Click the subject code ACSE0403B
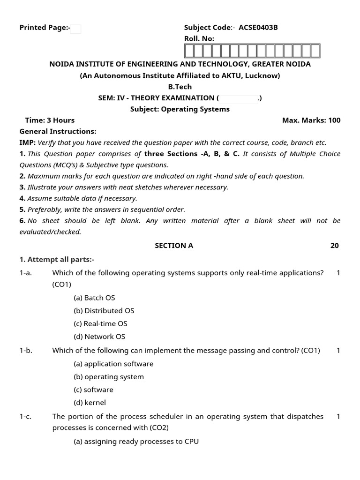point(258,28)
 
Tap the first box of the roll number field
point(189,51)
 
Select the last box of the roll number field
point(315,51)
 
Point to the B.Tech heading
point(180,87)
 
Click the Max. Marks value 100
point(334,120)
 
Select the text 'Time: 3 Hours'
point(50,120)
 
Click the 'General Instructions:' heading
point(58,132)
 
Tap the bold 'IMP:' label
point(27,143)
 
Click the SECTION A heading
point(174,246)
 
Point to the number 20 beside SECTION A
point(334,246)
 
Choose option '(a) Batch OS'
point(94,298)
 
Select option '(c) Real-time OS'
point(100,324)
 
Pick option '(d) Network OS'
point(99,337)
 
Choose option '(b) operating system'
point(109,377)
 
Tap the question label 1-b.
point(26,351)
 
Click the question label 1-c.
point(26,417)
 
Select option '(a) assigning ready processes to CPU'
point(136,442)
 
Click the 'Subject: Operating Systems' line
point(180,109)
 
